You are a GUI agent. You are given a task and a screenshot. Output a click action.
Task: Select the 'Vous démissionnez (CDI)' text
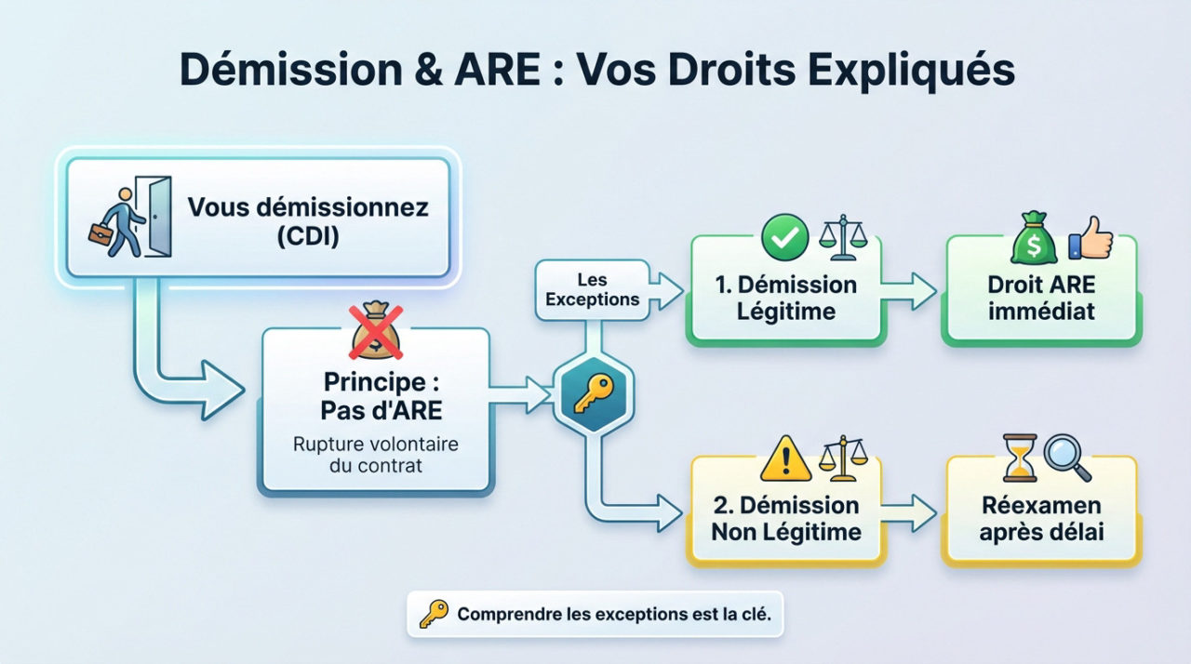(308, 220)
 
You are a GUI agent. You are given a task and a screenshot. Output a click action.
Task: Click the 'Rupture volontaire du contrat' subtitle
(376, 455)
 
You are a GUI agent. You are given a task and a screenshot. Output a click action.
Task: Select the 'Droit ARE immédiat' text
(1041, 298)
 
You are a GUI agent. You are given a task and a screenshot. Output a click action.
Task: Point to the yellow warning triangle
(783, 458)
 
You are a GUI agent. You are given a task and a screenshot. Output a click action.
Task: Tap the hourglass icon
(1019, 457)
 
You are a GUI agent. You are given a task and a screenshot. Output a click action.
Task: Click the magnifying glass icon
(1066, 457)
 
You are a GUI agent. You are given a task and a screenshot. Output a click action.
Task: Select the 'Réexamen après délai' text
(1041, 518)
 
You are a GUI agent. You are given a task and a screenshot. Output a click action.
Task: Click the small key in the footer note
(434, 614)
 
